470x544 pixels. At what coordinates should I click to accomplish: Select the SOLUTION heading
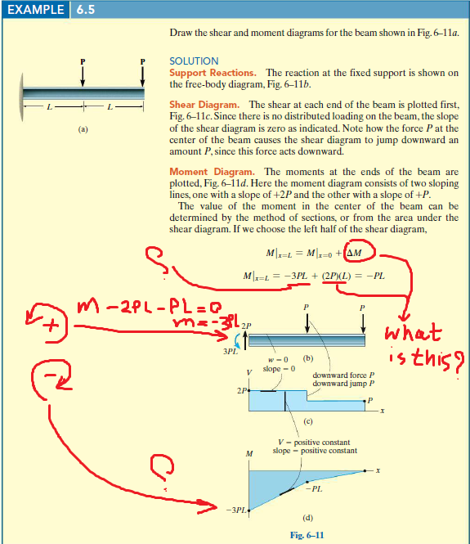pyautogui.click(x=194, y=61)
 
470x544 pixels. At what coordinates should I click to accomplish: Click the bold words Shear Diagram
pyautogui.click(x=204, y=106)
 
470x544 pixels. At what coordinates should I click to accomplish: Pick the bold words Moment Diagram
pyautogui.click(x=211, y=172)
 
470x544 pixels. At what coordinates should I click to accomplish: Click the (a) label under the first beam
pyautogui.click(x=83, y=129)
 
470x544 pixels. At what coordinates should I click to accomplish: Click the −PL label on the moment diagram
pyautogui.click(x=316, y=488)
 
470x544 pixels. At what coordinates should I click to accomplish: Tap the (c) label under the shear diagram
pyautogui.click(x=309, y=423)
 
